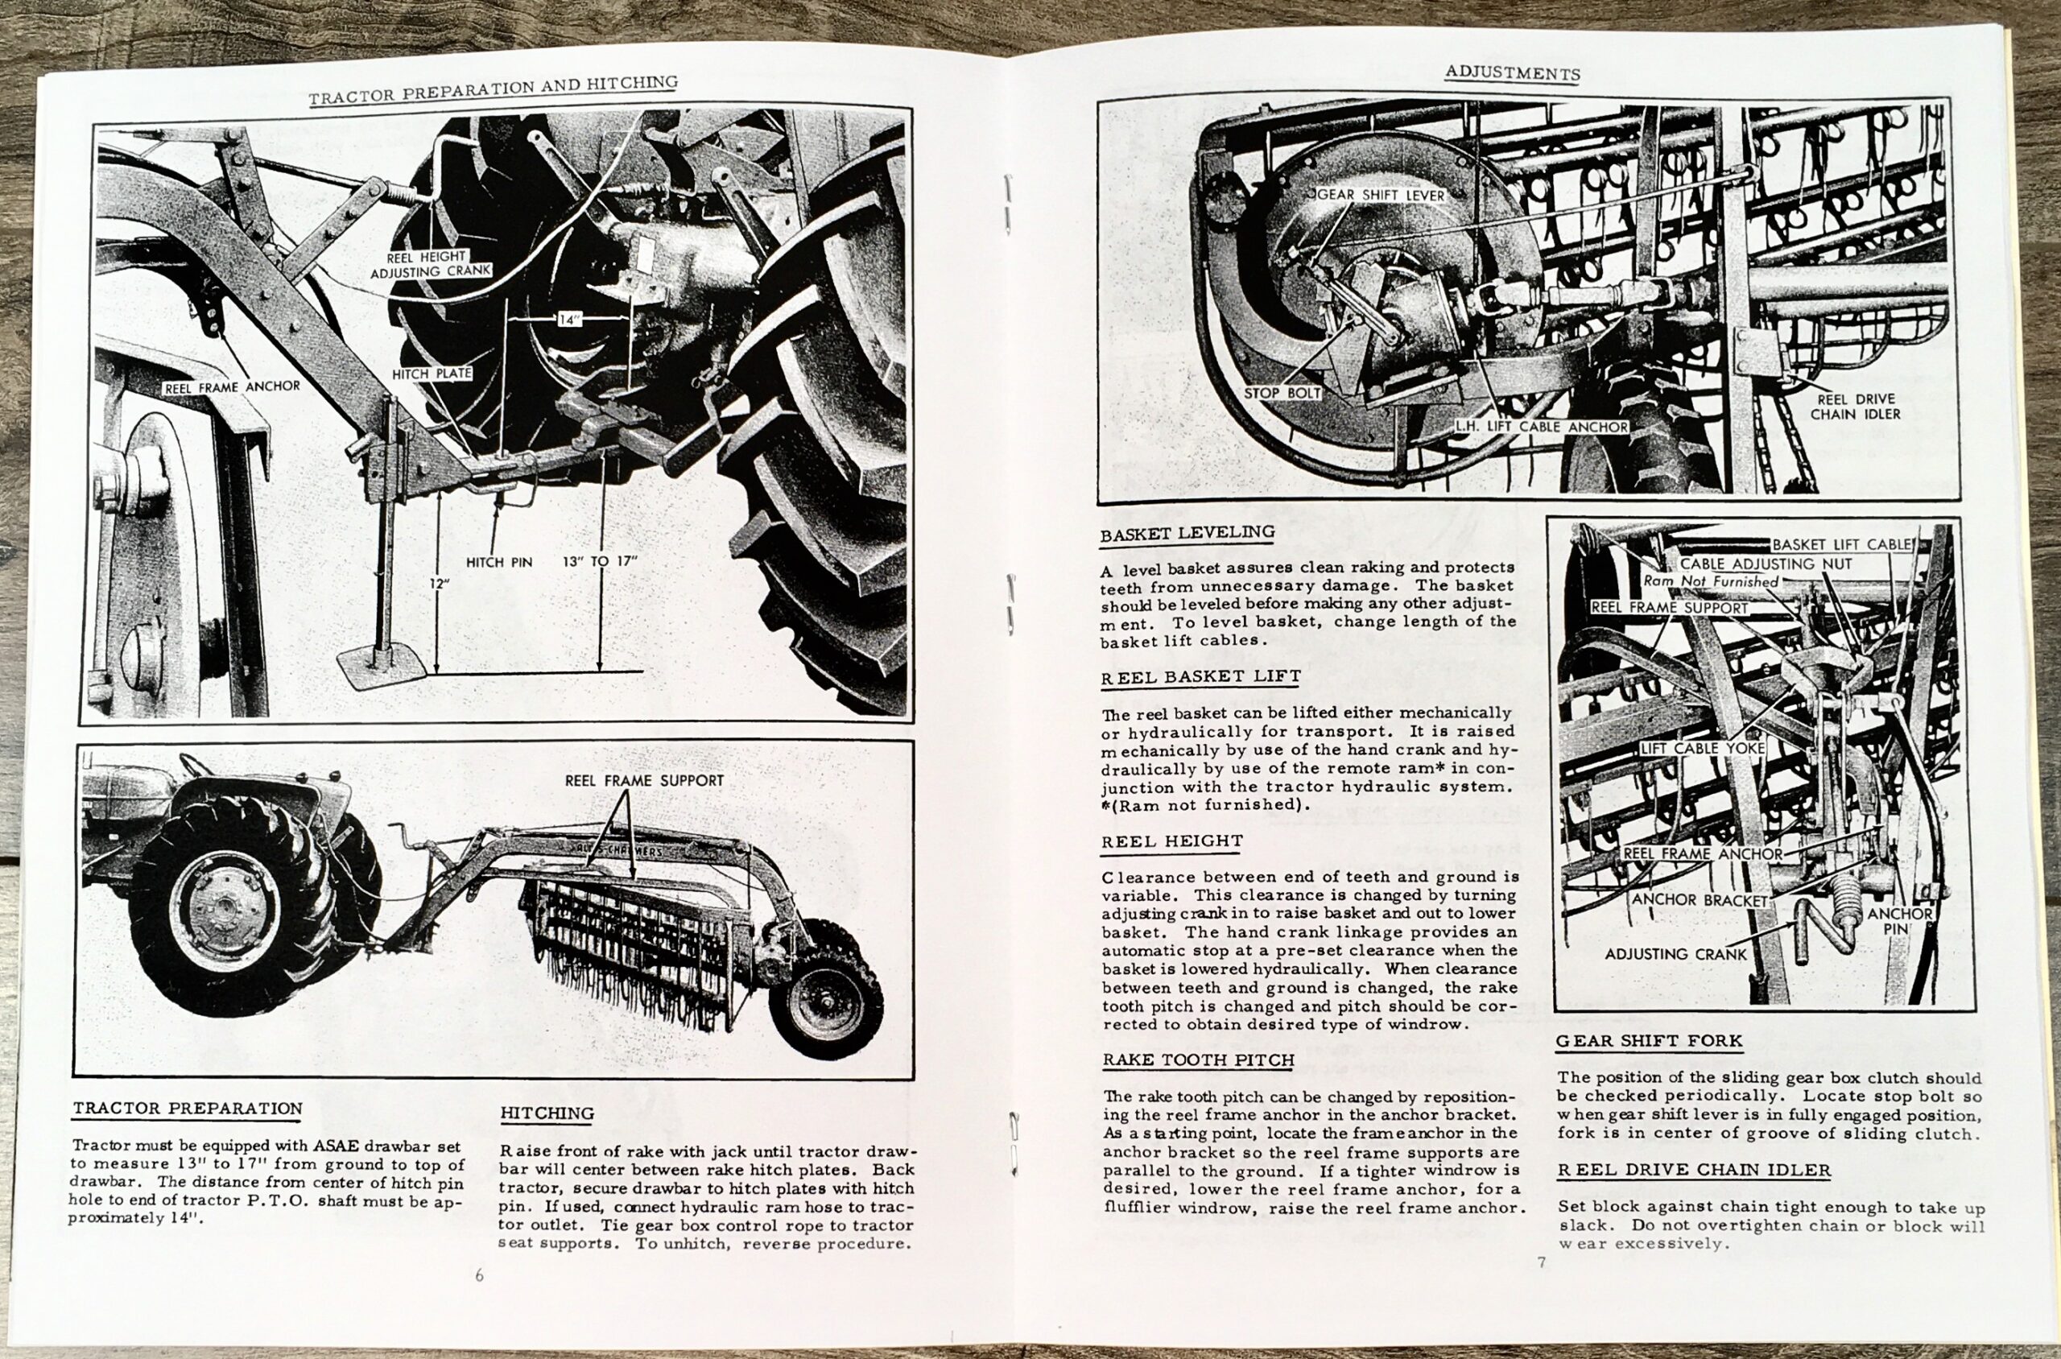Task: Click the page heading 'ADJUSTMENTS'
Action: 1513,74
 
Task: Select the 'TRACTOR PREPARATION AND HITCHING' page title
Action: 494,89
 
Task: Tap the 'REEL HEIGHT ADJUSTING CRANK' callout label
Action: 431,264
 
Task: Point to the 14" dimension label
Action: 568,320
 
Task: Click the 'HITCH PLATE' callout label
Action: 432,374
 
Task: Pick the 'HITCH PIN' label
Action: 498,562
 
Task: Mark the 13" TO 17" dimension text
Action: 600,561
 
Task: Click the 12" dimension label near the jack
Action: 440,584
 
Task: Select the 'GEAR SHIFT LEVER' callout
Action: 1382,195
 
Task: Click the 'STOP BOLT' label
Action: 1282,394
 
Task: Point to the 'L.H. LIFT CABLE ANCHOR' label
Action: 1542,427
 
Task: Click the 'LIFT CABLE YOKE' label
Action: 1701,748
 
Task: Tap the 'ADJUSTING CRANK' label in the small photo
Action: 1675,954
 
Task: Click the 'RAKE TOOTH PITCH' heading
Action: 1199,1060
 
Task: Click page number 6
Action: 479,1275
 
